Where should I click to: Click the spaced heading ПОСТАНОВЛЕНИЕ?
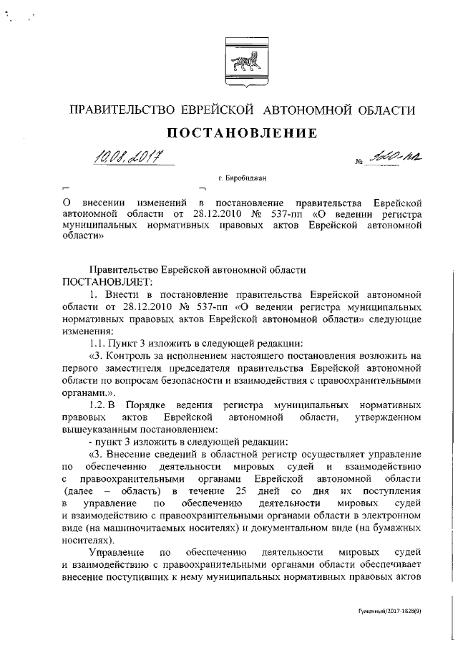pos(241,134)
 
